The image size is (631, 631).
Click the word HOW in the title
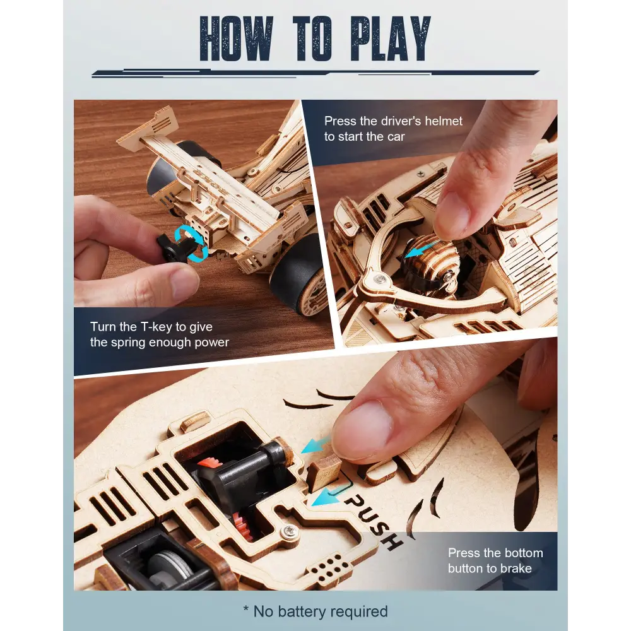click(236, 38)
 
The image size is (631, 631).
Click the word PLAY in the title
click(391, 38)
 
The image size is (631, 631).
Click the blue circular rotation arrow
click(192, 242)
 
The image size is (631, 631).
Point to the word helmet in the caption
click(443, 121)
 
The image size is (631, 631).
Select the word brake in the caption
click(516, 569)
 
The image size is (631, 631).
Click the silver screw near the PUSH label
click(288, 532)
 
